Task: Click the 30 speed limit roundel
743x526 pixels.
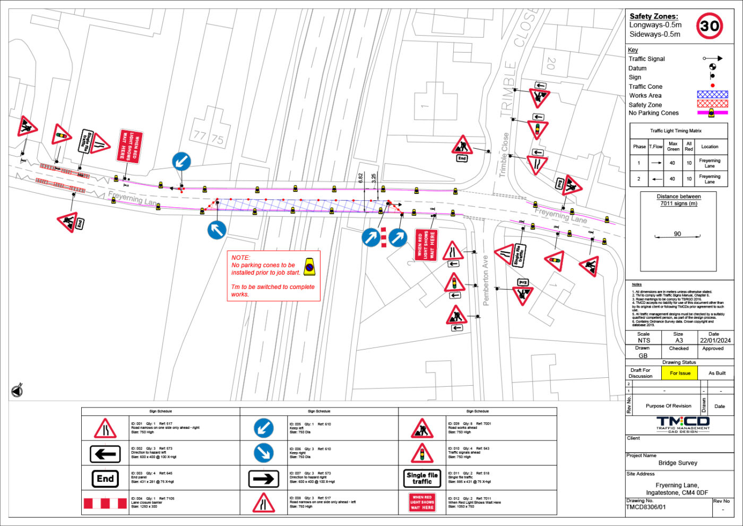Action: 710,26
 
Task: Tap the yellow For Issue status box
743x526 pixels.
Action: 680,373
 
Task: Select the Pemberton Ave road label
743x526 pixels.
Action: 486,280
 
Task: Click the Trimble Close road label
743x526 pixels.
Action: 504,155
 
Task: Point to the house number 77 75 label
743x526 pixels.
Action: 209,137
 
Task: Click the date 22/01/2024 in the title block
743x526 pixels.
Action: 715,341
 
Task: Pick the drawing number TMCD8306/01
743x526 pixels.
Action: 646,507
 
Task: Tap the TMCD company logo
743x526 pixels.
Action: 682,424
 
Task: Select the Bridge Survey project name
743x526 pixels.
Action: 678,463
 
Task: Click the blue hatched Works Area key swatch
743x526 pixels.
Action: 712,95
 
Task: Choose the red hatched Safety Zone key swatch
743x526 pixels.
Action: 712,104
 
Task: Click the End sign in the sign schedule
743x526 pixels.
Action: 105,479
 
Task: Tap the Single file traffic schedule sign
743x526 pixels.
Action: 422,478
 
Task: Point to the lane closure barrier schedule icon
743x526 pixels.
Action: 105,503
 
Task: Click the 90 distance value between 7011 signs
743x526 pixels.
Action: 677,234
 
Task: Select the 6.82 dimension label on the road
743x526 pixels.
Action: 361,179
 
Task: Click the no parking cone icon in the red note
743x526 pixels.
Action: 310,267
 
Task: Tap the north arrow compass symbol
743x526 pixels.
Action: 17,391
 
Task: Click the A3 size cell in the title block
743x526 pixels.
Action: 679,341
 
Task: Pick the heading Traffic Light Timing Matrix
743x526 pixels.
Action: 676,131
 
